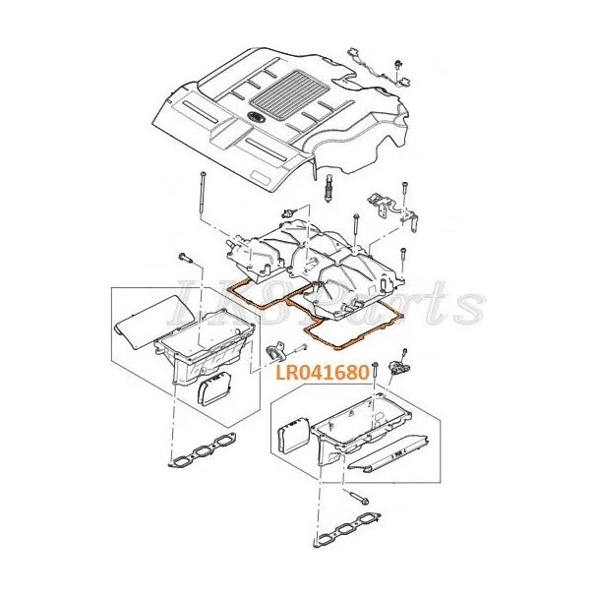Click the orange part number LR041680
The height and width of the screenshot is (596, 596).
pos(322,372)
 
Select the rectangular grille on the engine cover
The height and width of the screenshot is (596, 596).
pos(289,89)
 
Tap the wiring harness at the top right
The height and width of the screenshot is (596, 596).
pos(380,68)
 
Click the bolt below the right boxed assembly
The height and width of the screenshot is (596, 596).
pos(357,499)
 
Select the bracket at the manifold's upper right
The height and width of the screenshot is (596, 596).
pos(392,211)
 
